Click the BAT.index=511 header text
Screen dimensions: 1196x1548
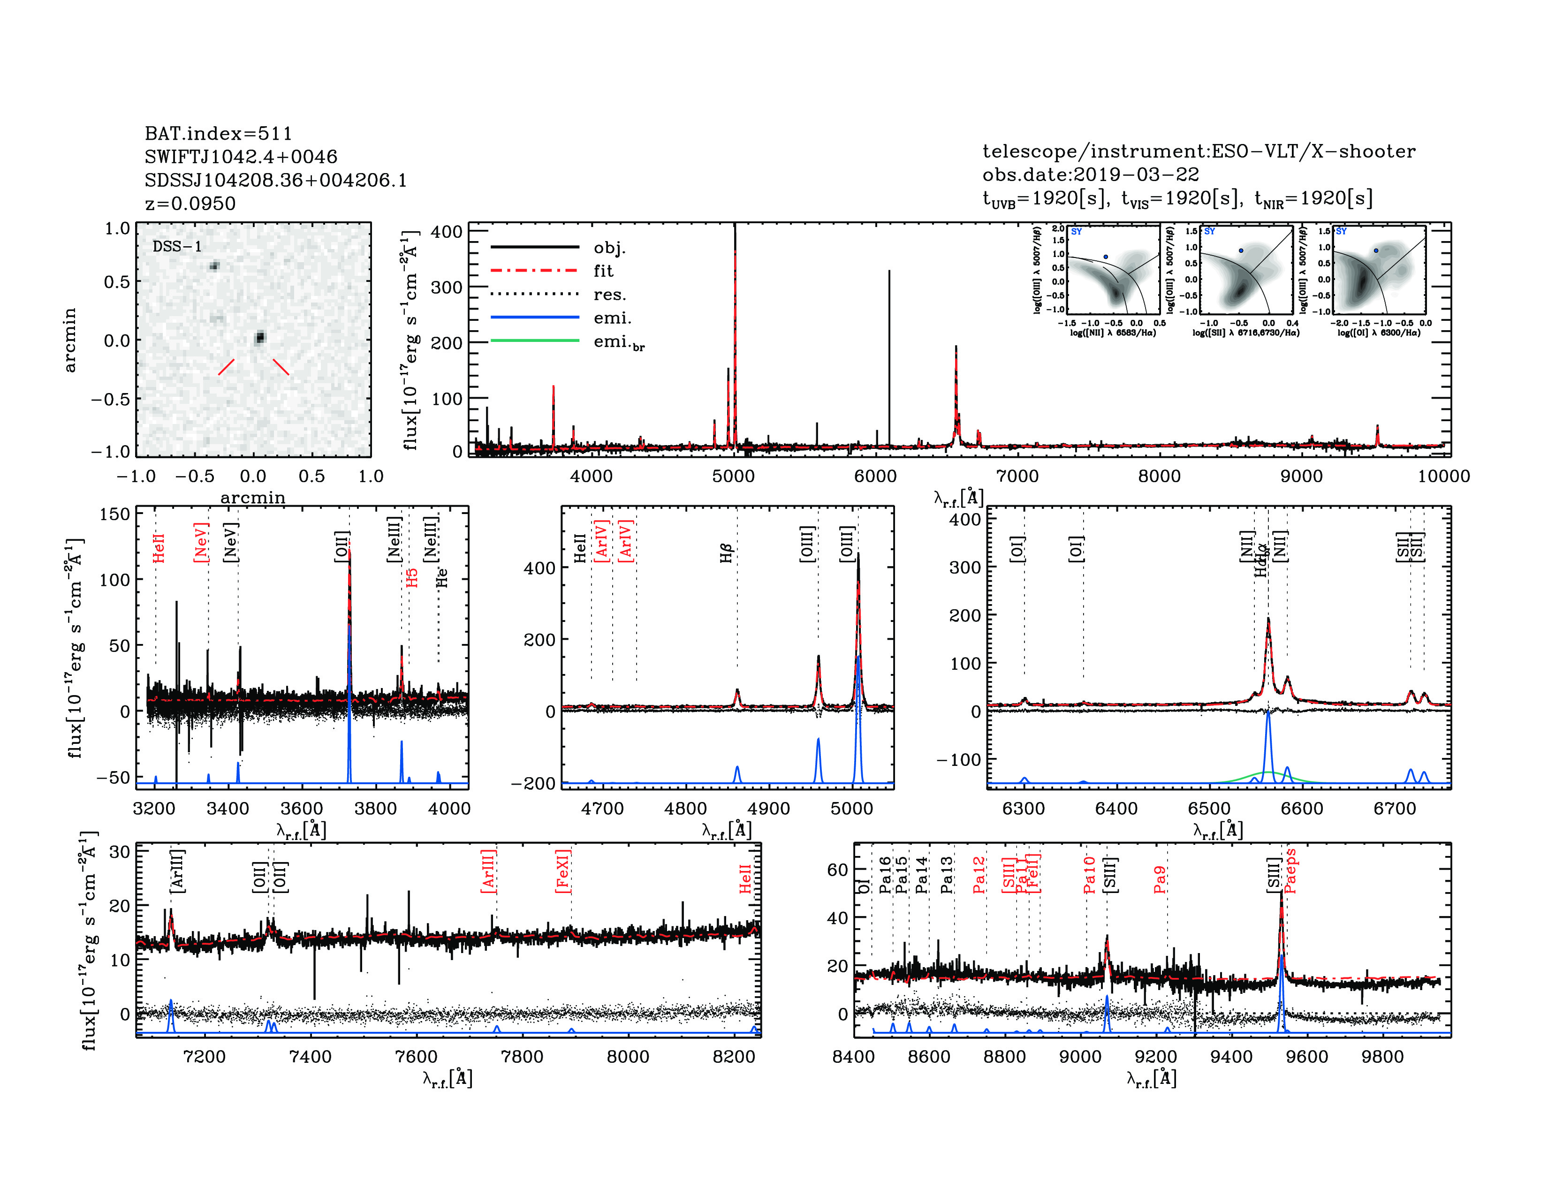click(x=218, y=133)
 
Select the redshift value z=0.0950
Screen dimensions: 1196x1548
click(x=190, y=204)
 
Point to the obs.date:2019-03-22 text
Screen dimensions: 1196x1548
click(x=1090, y=174)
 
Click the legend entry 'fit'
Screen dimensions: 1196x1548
click(x=603, y=271)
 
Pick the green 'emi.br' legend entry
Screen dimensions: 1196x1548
click(x=619, y=342)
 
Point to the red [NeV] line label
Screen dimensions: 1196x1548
click(x=201, y=543)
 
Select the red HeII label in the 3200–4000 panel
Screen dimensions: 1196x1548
click(x=159, y=548)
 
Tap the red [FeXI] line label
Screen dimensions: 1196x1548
click(x=563, y=871)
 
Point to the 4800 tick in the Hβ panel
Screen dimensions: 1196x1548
click(x=685, y=809)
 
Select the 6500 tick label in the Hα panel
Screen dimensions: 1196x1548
click(x=1209, y=809)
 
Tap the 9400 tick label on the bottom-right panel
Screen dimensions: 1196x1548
click(x=1231, y=1056)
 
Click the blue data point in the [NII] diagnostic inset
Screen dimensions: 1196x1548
click(x=1105, y=257)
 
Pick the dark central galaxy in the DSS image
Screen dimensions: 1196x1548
click(x=260, y=337)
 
